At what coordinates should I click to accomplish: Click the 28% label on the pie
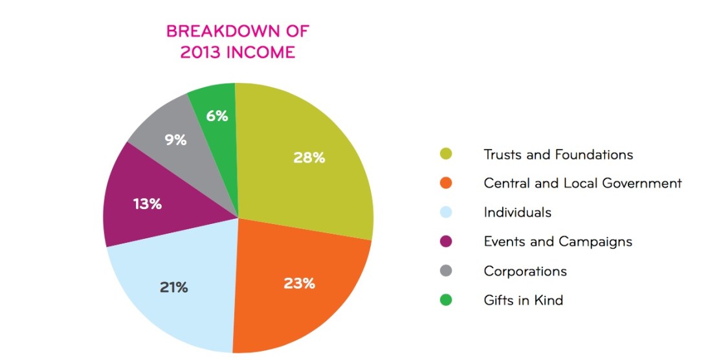(x=309, y=157)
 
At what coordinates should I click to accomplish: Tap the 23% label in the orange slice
(x=299, y=283)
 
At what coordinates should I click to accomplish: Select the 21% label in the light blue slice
(x=173, y=287)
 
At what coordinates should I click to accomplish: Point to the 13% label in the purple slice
(x=147, y=204)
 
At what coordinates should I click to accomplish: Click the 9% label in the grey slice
(x=175, y=139)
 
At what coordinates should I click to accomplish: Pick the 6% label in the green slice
(x=217, y=116)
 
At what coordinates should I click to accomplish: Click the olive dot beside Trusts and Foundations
(x=445, y=154)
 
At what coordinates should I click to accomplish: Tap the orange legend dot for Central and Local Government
(x=445, y=183)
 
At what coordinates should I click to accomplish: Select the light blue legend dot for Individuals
(x=445, y=212)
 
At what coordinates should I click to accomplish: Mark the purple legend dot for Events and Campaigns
(x=445, y=242)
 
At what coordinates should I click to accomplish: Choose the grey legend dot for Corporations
(x=445, y=271)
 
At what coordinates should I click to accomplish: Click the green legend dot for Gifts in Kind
(x=445, y=300)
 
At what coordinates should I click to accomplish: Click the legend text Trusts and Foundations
(x=558, y=155)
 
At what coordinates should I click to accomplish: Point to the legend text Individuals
(x=517, y=212)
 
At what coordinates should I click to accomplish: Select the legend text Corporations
(x=525, y=271)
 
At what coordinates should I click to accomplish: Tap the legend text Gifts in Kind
(x=523, y=300)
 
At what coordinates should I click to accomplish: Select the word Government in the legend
(x=641, y=183)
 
